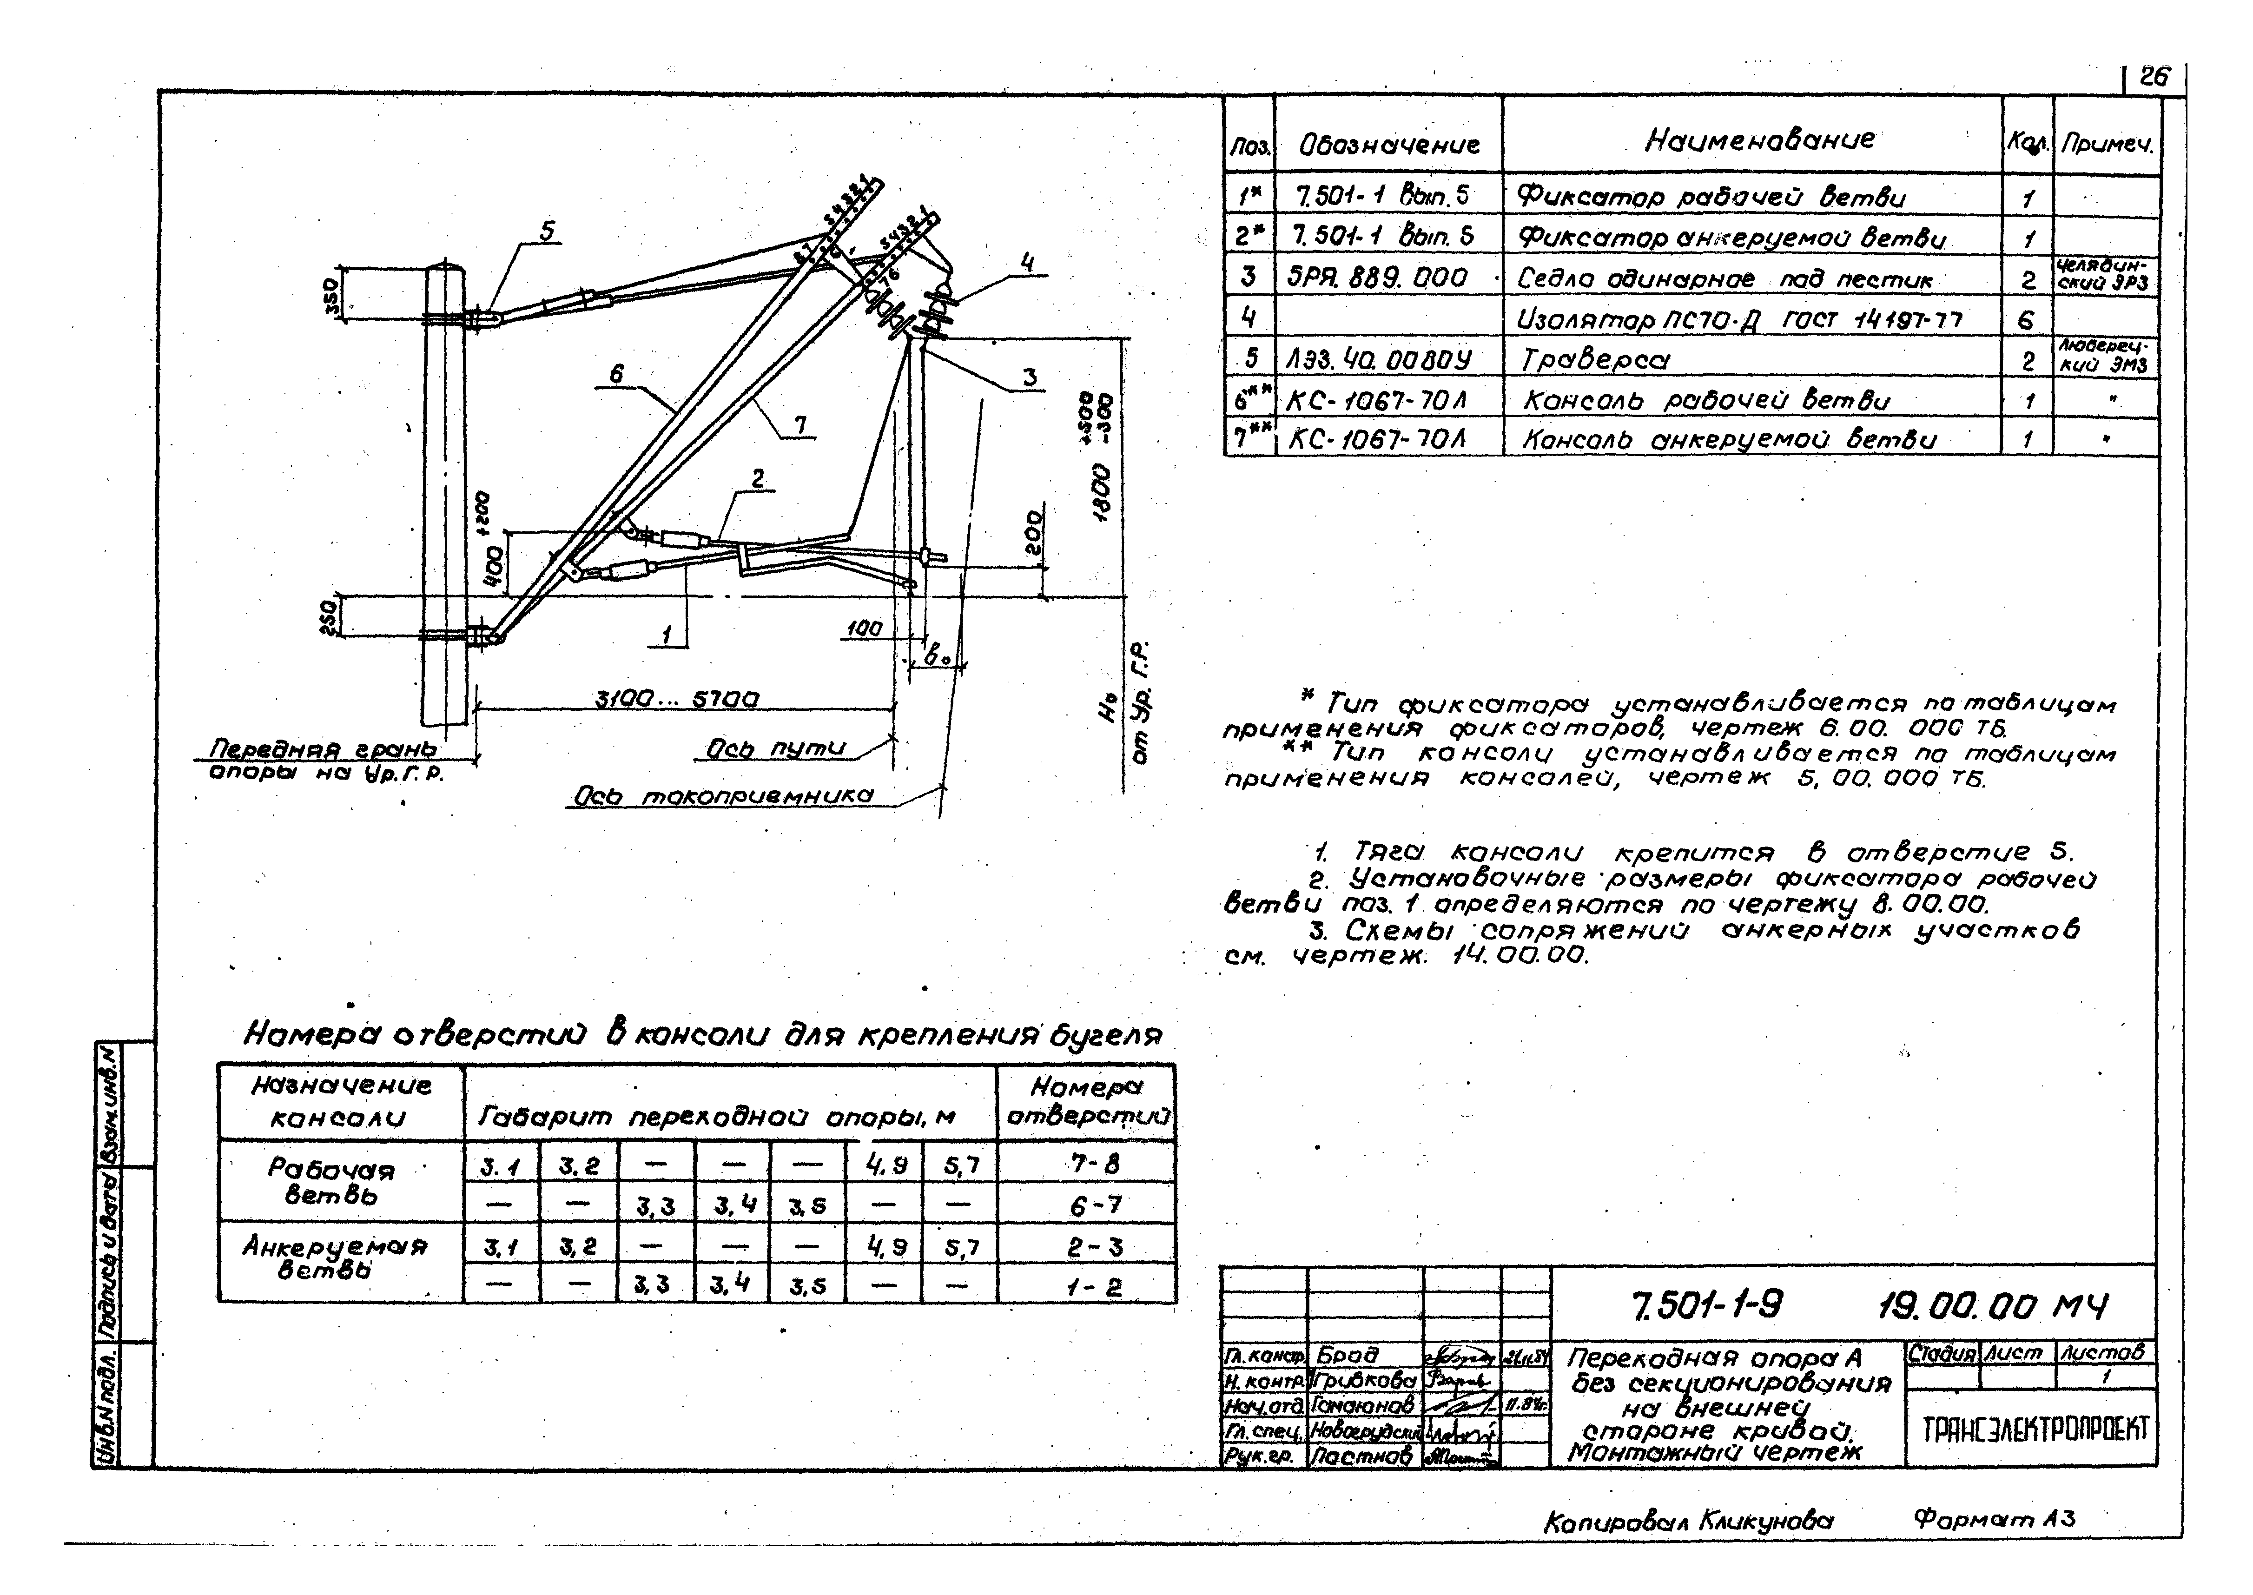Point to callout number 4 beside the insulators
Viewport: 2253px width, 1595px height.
1027,262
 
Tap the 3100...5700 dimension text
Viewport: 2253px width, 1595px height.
678,699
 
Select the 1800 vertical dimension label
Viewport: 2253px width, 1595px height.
1102,491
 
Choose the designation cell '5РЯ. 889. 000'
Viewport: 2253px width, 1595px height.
1377,278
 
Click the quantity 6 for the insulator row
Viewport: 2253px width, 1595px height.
2026,319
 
